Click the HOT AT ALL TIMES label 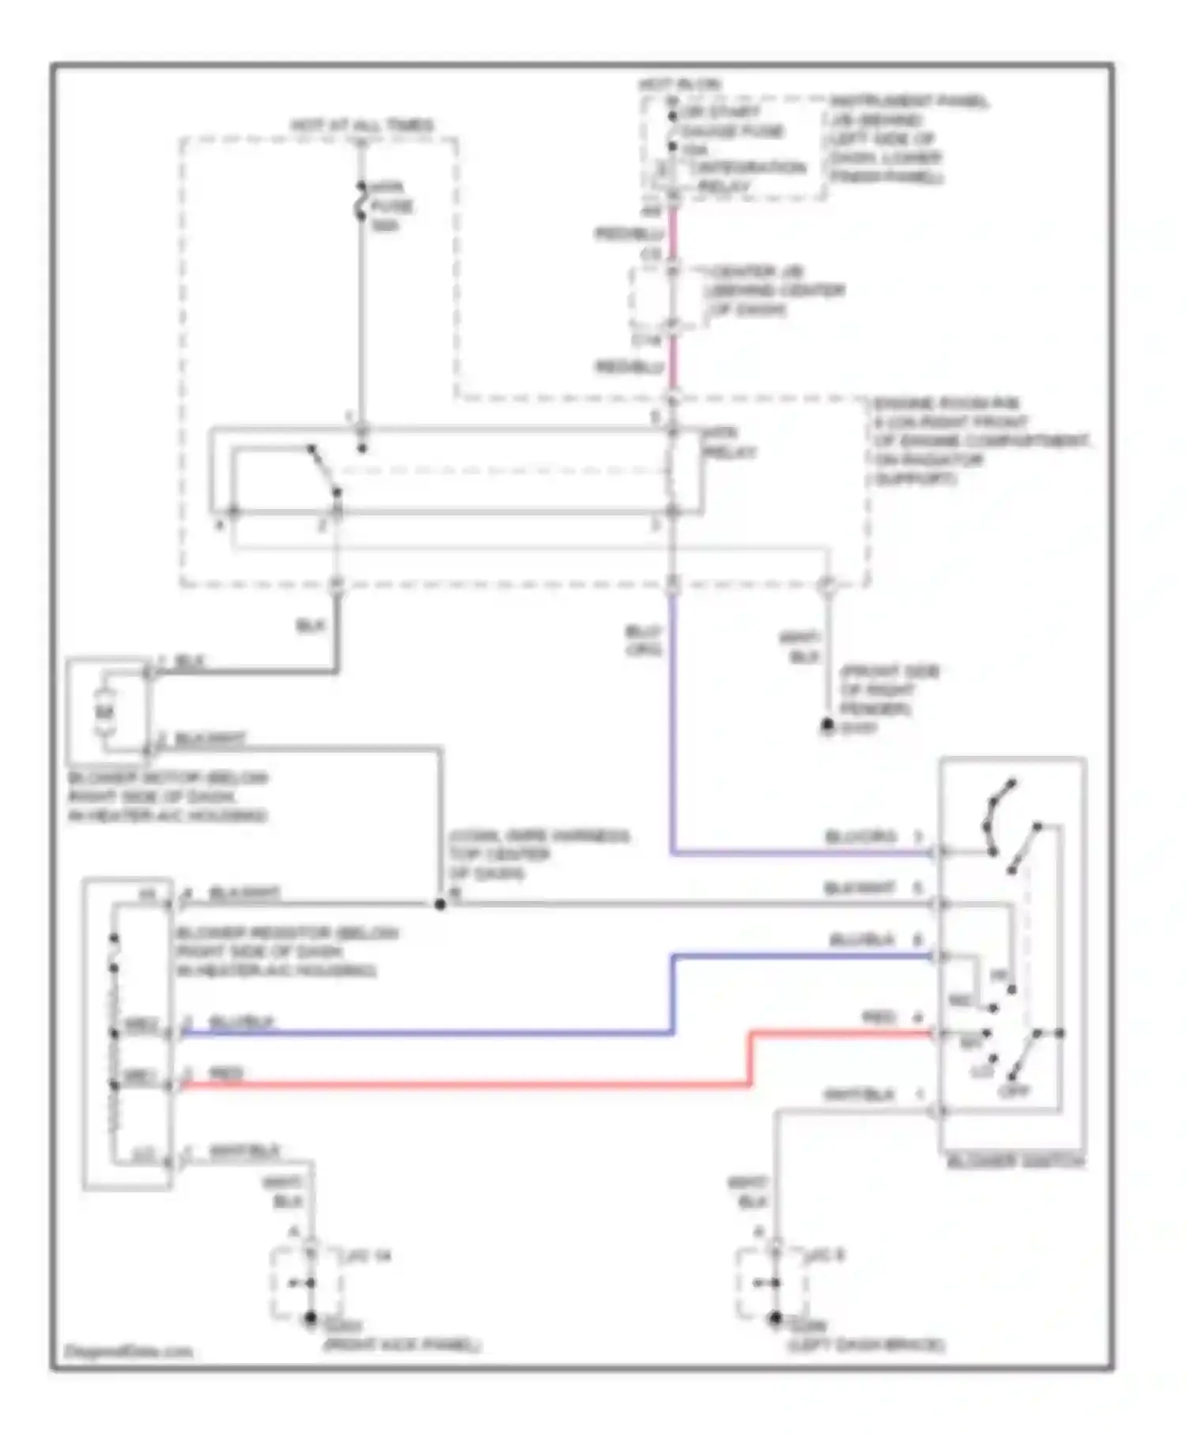(x=361, y=126)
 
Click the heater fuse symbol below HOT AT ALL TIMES (x=361, y=202)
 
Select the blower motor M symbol (x=105, y=711)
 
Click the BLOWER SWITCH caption (x=1015, y=1161)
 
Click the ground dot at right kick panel (x=311, y=1318)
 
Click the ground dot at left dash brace (x=775, y=1318)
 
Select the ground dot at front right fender (x=827, y=724)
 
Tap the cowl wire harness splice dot (x=440, y=904)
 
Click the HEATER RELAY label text (x=729, y=443)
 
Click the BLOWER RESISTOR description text (x=286, y=951)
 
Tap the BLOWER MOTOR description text (x=168, y=796)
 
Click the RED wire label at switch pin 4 (x=878, y=1017)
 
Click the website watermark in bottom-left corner (x=128, y=1351)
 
